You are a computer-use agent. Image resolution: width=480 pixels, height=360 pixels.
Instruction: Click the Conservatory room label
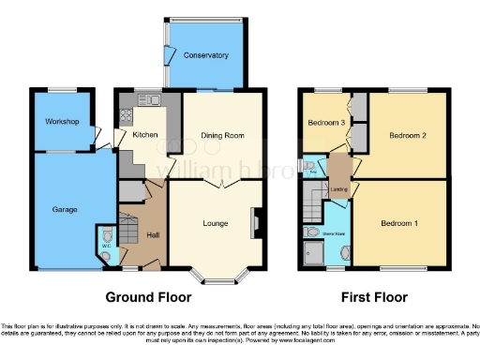[x=205, y=55]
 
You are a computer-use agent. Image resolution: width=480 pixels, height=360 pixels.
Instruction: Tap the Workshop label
[x=62, y=122]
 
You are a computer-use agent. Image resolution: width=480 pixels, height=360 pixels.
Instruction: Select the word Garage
[x=64, y=209]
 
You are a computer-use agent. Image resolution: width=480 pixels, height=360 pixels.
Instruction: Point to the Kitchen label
[x=144, y=135]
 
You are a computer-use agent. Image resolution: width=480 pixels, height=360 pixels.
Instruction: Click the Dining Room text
[x=222, y=136]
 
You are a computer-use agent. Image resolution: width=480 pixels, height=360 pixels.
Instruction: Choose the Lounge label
[x=216, y=223]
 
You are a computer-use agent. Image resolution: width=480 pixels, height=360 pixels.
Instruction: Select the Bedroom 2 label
[x=408, y=136]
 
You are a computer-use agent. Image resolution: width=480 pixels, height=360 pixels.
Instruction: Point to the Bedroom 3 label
[x=322, y=123]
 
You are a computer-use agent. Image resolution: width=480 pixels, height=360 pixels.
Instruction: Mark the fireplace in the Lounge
[x=254, y=222]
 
